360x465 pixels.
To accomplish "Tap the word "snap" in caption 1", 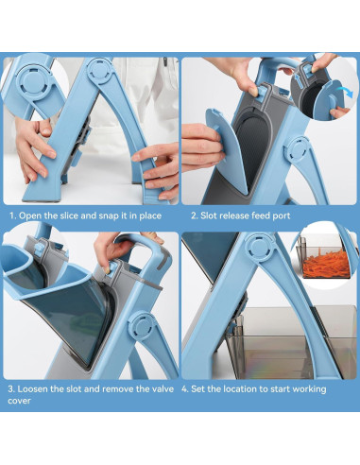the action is [x=110, y=216].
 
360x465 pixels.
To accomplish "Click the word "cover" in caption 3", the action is [x=19, y=401].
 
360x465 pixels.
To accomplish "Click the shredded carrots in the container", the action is [x=324, y=261].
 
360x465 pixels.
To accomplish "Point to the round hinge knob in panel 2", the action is [x=298, y=150].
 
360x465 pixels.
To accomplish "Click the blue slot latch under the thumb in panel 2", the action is [x=261, y=94].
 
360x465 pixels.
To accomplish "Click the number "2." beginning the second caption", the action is [x=195, y=215].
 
